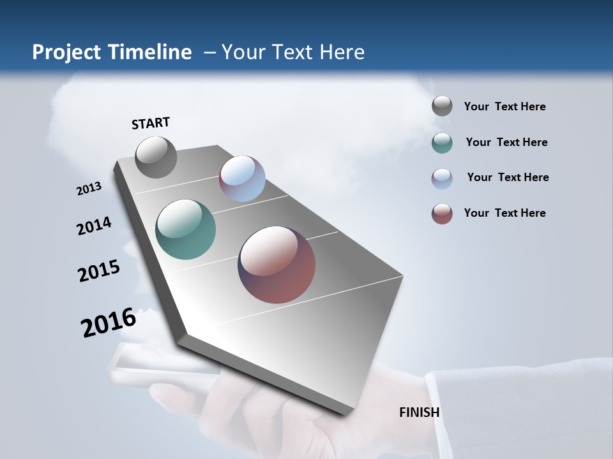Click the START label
click(151, 123)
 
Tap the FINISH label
click(419, 412)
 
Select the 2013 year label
click(89, 189)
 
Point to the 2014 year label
click(94, 226)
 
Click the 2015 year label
click(98, 271)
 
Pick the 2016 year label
click(108, 323)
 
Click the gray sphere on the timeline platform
click(156, 157)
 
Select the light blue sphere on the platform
click(242, 178)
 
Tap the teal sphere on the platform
click(185, 229)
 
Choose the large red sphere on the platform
click(276, 265)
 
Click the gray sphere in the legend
click(442, 106)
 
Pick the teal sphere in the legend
click(442, 143)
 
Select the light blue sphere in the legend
click(442, 178)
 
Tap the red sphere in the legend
click(442, 214)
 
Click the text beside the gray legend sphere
click(504, 106)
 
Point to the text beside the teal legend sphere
click(506, 142)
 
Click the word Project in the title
click(66, 52)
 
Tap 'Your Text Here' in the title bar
click(293, 52)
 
